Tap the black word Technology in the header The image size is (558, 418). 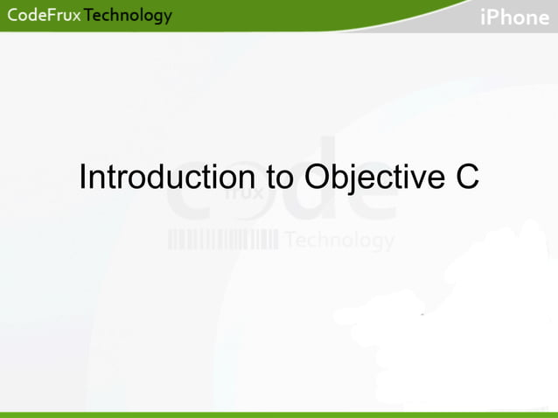click(x=128, y=16)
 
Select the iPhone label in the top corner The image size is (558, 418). click(x=515, y=17)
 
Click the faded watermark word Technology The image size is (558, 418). click(x=339, y=240)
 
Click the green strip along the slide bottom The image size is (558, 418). click(x=279, y=414)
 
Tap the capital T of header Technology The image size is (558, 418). click(x=89, y=16)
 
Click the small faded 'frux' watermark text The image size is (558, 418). click(x=246, y=194)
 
